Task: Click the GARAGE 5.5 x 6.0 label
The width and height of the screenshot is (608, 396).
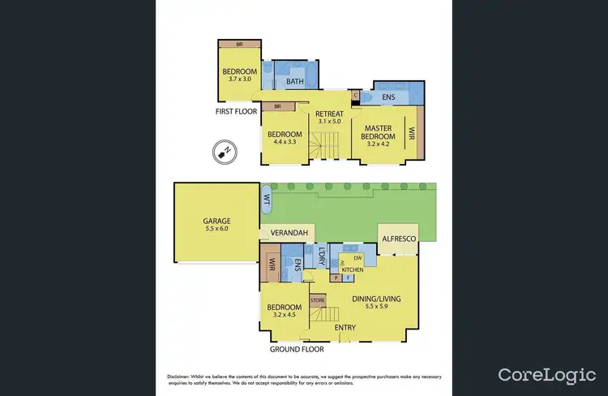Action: [216, 225]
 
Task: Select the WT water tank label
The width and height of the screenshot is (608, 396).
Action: [266, 197]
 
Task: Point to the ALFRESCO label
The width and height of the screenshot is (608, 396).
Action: [397, 239]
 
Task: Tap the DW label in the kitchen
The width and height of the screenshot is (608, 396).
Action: [357, 258]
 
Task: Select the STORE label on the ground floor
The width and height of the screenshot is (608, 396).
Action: [318, 301]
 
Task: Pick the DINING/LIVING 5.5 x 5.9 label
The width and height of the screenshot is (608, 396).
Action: [376, 303]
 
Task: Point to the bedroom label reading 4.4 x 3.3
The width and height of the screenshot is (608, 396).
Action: [285, 139]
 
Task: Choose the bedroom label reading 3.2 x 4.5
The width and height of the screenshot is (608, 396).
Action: [285, 312]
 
